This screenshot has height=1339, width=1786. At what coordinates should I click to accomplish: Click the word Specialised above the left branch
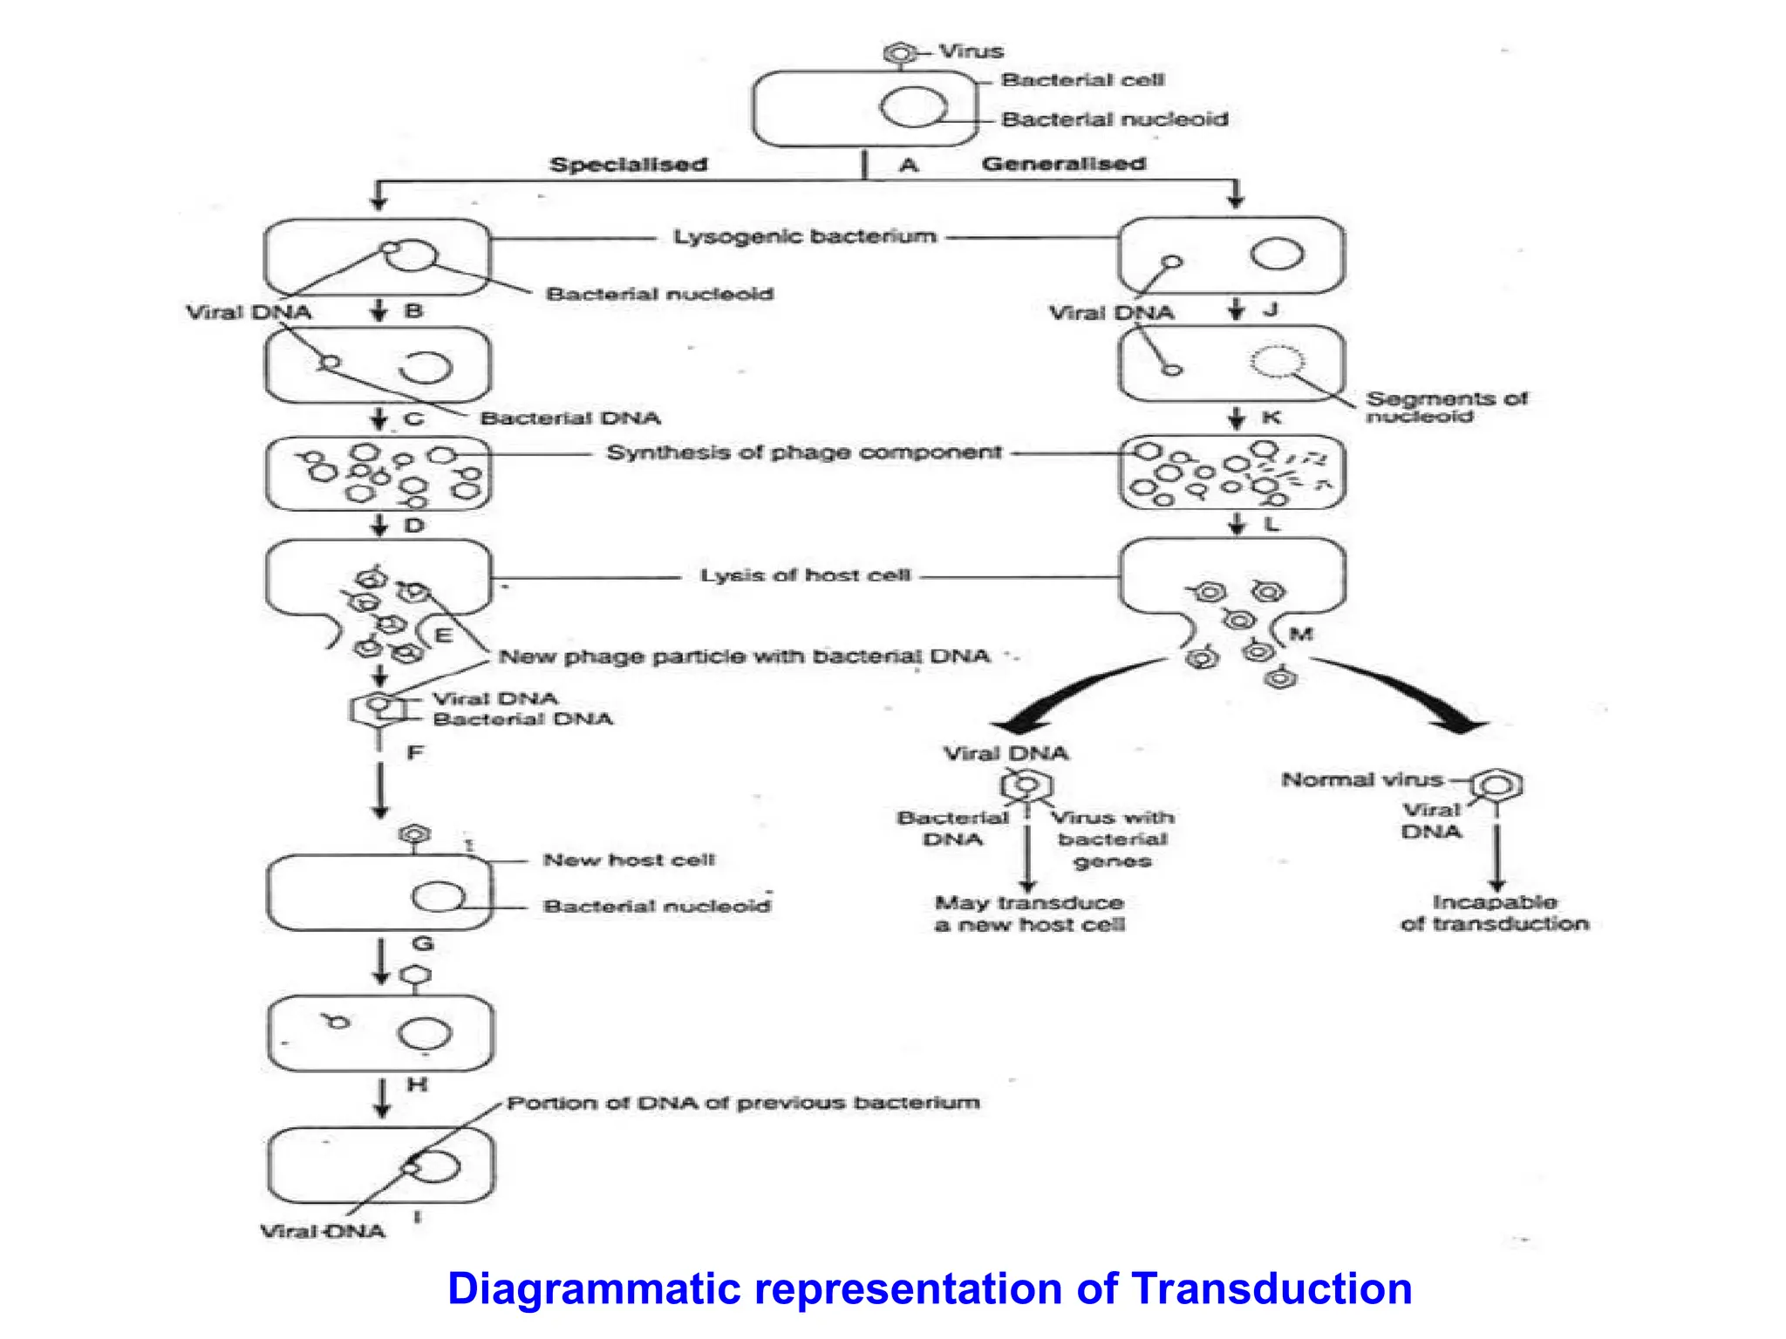pyautogui.click(x=628, y=165)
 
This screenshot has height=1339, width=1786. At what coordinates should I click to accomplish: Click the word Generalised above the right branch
pyautogui.click(x=1063, y=164)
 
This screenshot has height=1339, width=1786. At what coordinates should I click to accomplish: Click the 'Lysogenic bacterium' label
pyautogui.click(x=804, y=236)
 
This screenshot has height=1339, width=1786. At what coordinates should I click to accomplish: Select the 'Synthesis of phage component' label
pyautogui.click(x=803, y=452)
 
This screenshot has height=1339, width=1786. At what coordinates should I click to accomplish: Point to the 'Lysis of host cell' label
pyautogui.click(x=805, y=575)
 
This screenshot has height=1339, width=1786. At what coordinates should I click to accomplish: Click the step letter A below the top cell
pyautogui.click(x=909, y=165)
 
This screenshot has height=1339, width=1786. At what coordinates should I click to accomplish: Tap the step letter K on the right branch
pyautogui.click(x=1271, y=418)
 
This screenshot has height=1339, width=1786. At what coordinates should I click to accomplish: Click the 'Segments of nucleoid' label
pyautogui.click(x=1445, y=407)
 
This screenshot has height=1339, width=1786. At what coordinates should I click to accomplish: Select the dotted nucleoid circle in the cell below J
pyautogui.click(x=1278, y=361)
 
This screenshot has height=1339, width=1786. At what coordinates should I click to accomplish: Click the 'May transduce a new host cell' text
pyautogui.click(x=1029, y=914)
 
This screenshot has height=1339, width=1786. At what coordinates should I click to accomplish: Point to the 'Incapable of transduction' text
pyautogui.click(x=1494, y=913)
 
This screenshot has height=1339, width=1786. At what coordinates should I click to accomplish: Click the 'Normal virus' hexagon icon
pyautogui.click(x=1496, y=785)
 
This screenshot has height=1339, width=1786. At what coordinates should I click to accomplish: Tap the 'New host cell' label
pyautogui.click(x=628, y=860)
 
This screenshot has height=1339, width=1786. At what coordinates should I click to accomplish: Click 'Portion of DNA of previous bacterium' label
pyautogui.click(x=743, y=1103)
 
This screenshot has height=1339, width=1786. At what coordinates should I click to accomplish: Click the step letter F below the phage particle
pyautogui.click(x=415, y=752)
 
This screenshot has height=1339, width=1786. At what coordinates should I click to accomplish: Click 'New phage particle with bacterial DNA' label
pyautogui.click(x=744, y=656)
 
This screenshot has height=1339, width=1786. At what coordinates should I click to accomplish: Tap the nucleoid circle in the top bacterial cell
pyautogui.click(x=913, y=108)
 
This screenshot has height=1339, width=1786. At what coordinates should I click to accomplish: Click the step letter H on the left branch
pyautogui.click(x=417, y=1084)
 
